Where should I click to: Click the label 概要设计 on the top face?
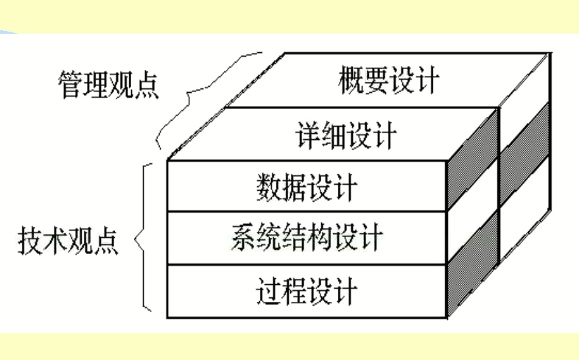389,80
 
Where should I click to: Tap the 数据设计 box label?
306,188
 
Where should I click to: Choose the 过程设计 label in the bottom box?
306,291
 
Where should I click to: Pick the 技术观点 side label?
69,243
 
